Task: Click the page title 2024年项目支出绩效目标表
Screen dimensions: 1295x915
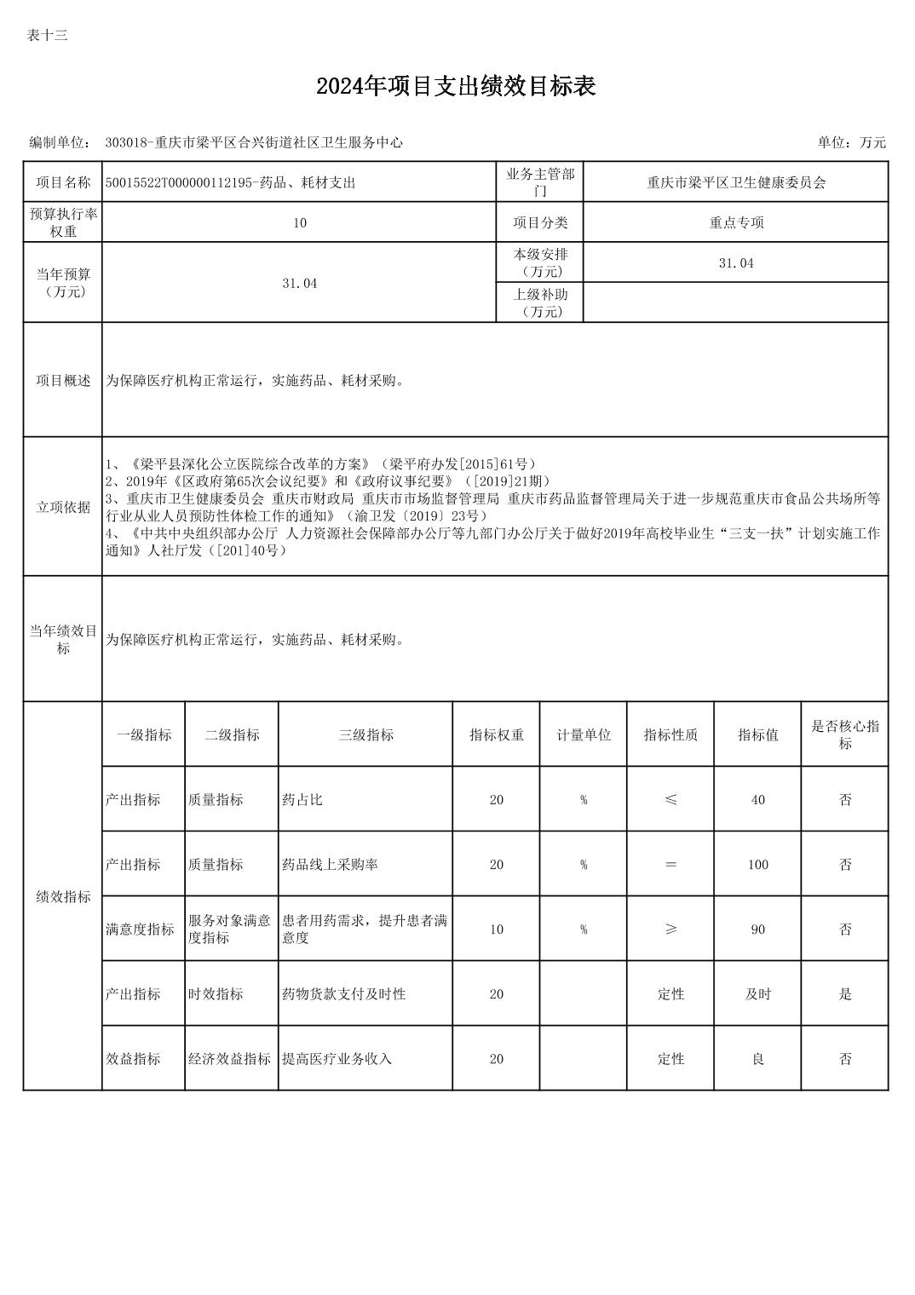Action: coord(456,86)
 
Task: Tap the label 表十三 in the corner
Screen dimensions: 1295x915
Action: coord(47,35)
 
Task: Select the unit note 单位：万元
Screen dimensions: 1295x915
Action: coord(851,142)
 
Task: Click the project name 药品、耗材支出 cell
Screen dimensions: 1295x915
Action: coord(230,182)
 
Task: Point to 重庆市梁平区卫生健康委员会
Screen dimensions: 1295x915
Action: coord(736,182)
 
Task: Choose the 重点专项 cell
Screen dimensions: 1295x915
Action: coord(736,222)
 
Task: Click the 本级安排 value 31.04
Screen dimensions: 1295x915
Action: coord(736,263)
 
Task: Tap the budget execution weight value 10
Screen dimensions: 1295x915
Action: coord(299,222)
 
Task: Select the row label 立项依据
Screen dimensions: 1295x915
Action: coord(63,507)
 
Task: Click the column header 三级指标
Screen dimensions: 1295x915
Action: coord(365,734)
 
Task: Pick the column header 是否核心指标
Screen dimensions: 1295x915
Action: coord(844,734)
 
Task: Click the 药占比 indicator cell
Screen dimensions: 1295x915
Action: coord(302,799)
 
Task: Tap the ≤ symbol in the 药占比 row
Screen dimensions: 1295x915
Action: coord(670,799)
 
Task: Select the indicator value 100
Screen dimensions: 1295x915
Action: coord(757,864)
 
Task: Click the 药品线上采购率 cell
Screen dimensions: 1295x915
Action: coord(330,864)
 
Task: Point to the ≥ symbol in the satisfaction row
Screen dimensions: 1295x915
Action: coord(670,929)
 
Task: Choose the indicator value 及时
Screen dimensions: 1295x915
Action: coord(757,993)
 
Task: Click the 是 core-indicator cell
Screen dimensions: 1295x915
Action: coord(844,993)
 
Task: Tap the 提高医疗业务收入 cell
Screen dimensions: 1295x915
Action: coord(337,1058)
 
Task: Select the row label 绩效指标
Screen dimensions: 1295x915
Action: coord(63,896)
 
